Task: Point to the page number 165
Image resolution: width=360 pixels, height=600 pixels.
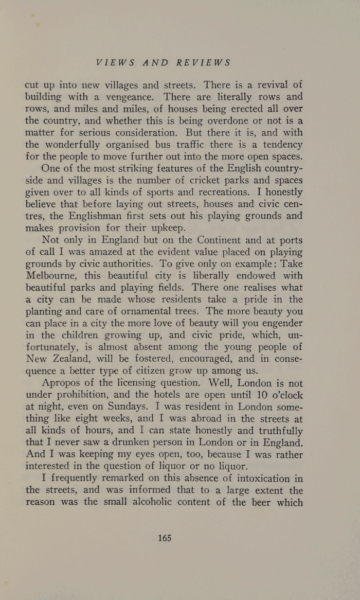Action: (x=165, y=538)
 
